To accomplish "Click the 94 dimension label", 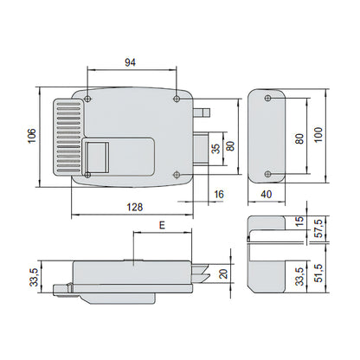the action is [130, 62].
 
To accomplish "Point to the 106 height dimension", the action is [32, 135].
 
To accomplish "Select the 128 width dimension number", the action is [135, 207].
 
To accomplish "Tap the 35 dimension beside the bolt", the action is [215, 148].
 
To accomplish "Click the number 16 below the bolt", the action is [219, 194].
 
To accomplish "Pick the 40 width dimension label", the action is [267, 194].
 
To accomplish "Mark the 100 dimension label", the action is [318, 134].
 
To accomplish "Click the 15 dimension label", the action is [300, 221].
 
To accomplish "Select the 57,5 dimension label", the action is [318, 228].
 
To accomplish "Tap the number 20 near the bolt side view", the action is [224, 273].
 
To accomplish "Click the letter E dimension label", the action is [163, 225].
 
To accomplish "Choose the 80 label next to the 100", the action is [300, 139].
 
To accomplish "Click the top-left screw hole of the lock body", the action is [87, 99].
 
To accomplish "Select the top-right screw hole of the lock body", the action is [177, 99].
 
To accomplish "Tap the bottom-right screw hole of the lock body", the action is [177, 175].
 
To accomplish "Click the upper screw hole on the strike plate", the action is [268, 99].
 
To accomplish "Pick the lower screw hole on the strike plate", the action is [268, 174].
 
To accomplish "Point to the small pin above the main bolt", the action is [202, 112].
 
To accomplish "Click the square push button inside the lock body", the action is [98, 157].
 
